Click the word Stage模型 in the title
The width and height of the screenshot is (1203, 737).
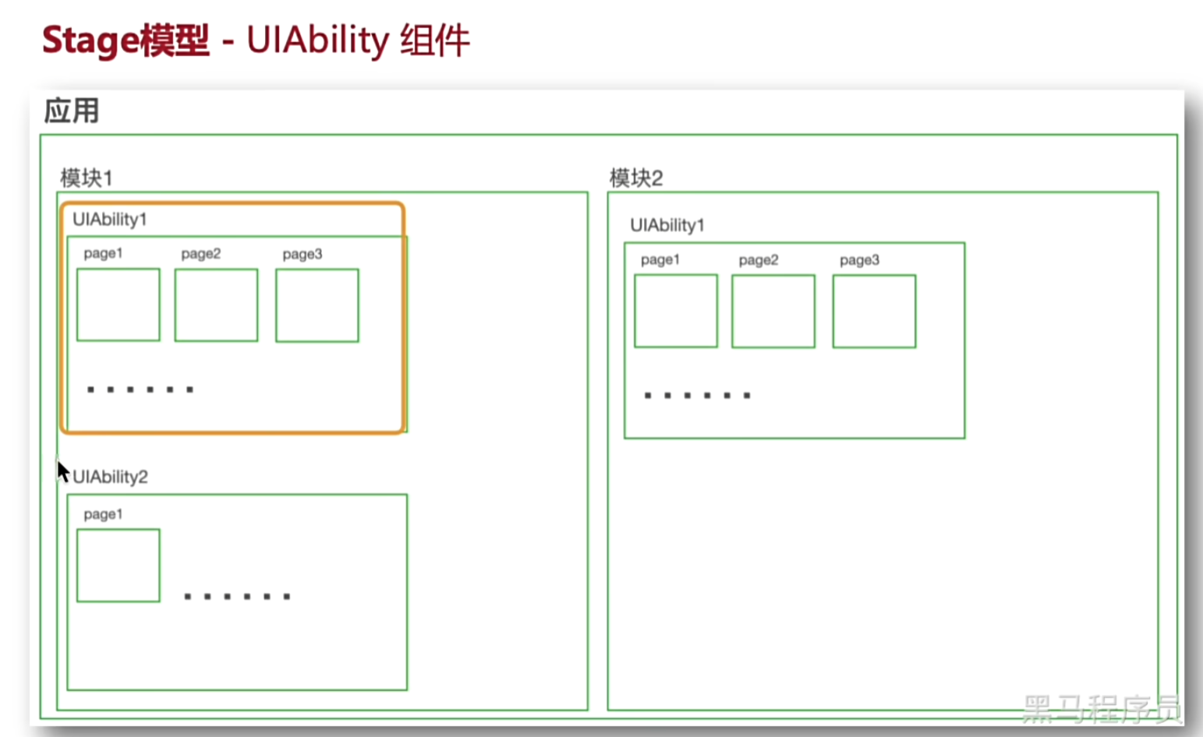coord(126,41)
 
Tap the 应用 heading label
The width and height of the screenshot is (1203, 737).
coord(71,111)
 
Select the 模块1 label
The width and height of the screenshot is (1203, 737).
coord(87,178)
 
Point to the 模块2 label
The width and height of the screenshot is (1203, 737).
coord(636,178)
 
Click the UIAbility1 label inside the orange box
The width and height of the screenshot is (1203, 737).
coord(109,220)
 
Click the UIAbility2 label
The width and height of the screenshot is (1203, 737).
coord(110,477)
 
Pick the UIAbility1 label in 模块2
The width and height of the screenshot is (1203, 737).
coord(667,225)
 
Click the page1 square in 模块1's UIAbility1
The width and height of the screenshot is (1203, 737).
coord(119,305)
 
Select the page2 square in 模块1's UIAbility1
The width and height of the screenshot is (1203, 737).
coord(216,305)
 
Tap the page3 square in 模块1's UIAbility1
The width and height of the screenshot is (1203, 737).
coord(317,305)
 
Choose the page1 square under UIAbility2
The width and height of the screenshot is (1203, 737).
coord(119,566)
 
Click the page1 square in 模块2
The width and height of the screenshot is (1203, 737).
coord(676,311)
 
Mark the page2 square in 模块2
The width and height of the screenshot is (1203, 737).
coord(773,311)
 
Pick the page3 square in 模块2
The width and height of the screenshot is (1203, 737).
coord(874,311)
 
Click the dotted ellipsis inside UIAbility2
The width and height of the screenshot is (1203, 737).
coord(237,597)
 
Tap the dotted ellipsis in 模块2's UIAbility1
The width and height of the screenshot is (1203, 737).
coord(697,396)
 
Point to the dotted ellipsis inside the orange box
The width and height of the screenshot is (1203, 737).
coord(140,390)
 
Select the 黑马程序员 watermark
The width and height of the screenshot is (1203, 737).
coord(1101,708)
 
